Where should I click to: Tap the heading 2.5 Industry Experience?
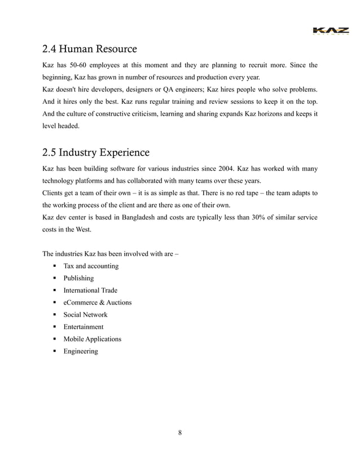pyautogui.click(x=96, y=152)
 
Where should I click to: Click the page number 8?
pyautogui.click(x=179, y=433)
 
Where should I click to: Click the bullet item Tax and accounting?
pyautogui.click(x=86, y=266)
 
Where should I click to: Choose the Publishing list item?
pyautogui.click(x=78, y=279)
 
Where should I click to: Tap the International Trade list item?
pyautogui.click(x=90, y=291)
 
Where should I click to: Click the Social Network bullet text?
pyautogui.click(x=85, y=315)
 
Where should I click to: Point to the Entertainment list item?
pyautogui.click(x=84, y=327)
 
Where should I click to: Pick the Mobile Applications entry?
pyautogui.click(x=92, y=339)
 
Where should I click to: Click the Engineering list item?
pyautogui.click(x=81, y=351)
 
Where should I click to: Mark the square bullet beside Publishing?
pyautogui.click(x=54, y=279)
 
